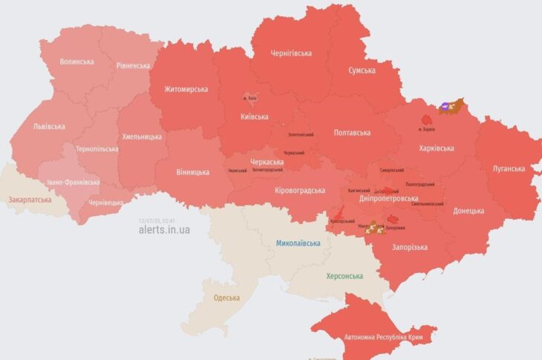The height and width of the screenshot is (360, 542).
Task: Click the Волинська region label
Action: (x=76, y=62)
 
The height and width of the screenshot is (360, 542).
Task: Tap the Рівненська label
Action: (x=133, y=65)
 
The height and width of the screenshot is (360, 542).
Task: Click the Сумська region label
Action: (x=362, y=71)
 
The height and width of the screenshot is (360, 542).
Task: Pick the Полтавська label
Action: (x=352, y=132)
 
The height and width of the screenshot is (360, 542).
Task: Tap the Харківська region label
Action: (x=436, y=148)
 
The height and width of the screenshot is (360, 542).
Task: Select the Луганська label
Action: (x=509, y=168)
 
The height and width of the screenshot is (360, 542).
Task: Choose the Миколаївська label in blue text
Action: (x=298, y=243)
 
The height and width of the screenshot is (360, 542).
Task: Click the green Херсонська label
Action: (x=345, y=276)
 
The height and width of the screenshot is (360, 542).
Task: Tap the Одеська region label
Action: (x=226, y=298)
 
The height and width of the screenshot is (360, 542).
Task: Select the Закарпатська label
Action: (x=30, y=200)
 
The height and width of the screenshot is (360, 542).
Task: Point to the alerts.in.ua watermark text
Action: (x=164, y=230)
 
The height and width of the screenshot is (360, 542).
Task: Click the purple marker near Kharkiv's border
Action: (x=445, y=107)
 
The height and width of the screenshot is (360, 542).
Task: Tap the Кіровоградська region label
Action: (x=300, y=191)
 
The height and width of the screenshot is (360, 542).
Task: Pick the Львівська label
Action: (x=49, y=126)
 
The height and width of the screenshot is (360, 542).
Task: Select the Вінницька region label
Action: (x=192, y=172)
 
